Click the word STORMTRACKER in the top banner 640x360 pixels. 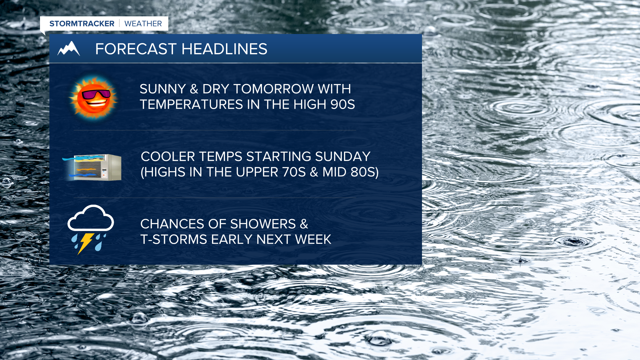coord(82,24)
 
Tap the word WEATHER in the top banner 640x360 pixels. coord(143,24)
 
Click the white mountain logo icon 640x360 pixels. coord(69,49)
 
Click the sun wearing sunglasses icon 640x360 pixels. coord(94,97)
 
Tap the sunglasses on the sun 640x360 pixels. coord(96,94)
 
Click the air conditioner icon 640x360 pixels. coord(92,167)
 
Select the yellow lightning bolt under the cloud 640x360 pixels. coord(85,243)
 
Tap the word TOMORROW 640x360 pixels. coord(273,89)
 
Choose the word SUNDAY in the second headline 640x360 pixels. coord(343,157)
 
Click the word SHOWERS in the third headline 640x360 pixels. coord(263,224)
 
